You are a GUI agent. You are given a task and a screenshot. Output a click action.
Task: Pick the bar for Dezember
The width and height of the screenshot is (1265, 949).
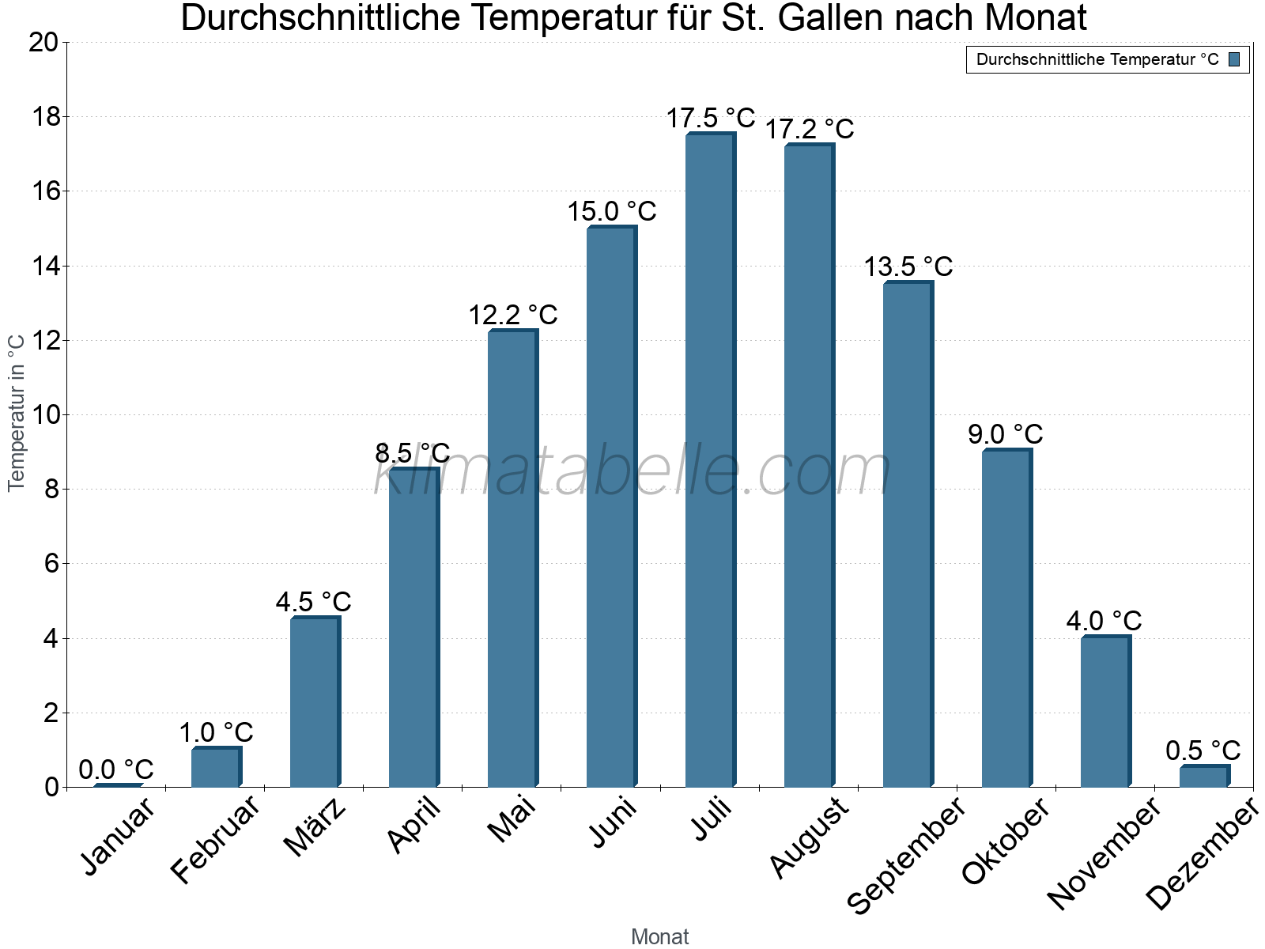coord(1204,777)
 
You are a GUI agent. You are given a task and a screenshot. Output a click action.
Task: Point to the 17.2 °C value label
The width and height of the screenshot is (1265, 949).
coord(810,129)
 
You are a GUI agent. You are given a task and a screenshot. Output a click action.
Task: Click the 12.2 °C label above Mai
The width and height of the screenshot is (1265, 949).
coord(513,316)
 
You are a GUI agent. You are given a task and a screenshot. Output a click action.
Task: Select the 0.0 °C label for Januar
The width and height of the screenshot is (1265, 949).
coord(116,769)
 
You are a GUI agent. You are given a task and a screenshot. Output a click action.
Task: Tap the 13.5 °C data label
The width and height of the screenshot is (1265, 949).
coord(908,267)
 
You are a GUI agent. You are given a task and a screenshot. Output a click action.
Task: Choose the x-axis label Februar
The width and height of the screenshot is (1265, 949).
coord(215,840)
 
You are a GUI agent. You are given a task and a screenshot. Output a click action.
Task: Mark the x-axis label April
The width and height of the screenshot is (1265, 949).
coord(413,826)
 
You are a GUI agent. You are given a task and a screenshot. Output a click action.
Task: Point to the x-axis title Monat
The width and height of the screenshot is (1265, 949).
coord(660,937)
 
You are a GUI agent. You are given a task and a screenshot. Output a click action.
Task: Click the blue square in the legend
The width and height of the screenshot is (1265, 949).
coord(1234,59)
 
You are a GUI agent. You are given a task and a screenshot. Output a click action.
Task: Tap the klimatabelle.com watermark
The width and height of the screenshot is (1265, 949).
coord(632,471)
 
